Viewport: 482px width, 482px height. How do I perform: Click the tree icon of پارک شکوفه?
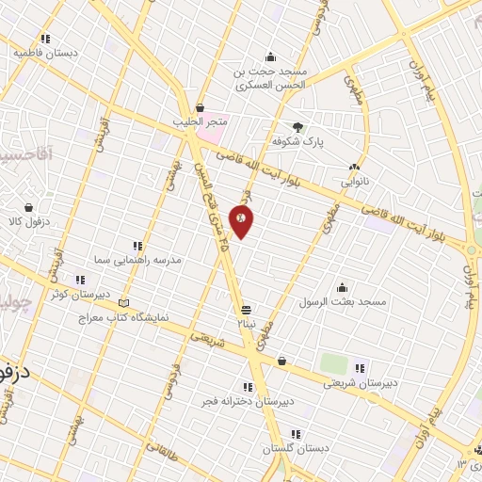298,127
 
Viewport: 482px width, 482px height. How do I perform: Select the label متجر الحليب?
198,121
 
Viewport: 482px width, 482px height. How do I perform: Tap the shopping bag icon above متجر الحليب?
200,107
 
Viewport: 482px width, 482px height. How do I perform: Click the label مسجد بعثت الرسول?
343,302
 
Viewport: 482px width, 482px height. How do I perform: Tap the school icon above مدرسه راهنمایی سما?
138,245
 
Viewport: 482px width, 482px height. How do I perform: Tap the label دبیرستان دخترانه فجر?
248,401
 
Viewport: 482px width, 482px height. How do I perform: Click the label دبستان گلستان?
296,448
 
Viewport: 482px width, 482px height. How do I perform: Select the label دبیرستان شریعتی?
355,383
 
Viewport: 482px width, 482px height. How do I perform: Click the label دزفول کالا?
27,222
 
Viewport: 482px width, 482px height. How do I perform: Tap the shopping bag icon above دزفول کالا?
29,208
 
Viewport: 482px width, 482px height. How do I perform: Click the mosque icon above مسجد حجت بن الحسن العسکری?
271,56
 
